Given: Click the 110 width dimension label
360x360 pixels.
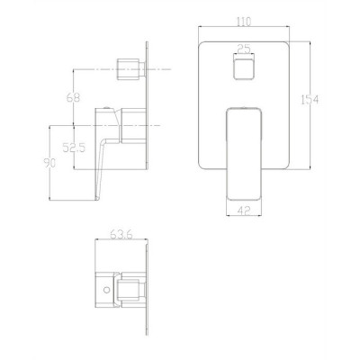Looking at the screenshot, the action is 244,22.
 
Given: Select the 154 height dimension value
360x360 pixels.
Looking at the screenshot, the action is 310,99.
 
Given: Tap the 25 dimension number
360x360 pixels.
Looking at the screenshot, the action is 244,48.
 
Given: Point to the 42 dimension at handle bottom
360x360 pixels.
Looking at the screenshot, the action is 244,211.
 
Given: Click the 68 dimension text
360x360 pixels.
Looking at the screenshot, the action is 73,97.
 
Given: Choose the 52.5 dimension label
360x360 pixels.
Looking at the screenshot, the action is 74,147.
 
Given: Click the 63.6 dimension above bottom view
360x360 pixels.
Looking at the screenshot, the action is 121,234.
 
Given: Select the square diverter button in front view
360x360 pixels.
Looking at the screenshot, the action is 244,67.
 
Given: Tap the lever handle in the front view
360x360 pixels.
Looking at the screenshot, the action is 244,154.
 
